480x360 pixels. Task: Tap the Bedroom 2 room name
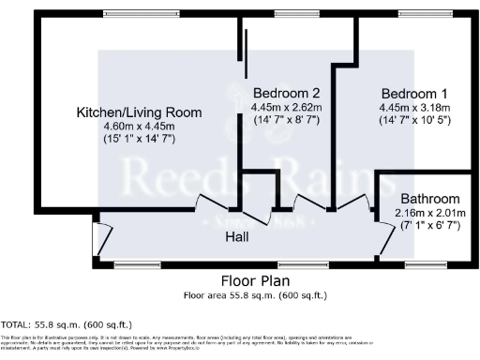(286, 94)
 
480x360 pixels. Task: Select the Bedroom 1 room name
(413, 94)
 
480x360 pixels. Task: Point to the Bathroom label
(430, 199)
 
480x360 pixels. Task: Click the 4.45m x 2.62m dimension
(286, 107)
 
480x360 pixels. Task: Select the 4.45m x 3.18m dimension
(413, 107)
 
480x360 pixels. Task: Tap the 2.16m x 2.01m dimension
(430, 212)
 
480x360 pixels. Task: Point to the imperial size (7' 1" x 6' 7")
(430, 225)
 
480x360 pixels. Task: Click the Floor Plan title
(254, 280)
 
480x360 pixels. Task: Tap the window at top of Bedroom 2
(288, 14)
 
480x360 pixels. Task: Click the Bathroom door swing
(385, 241)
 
